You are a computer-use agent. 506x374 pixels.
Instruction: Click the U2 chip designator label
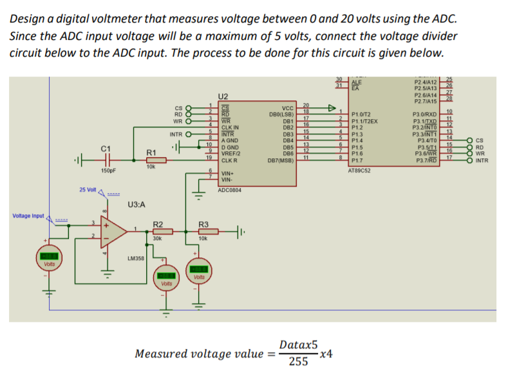[224, 95]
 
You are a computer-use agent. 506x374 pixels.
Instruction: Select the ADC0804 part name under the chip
[230, 191]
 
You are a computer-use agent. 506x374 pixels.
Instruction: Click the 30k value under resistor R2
[157, 238]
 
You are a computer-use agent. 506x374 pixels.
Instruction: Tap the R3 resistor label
[203, 224]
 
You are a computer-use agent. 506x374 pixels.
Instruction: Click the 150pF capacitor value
[108, 171]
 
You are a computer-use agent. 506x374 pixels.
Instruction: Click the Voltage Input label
[28, 216]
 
